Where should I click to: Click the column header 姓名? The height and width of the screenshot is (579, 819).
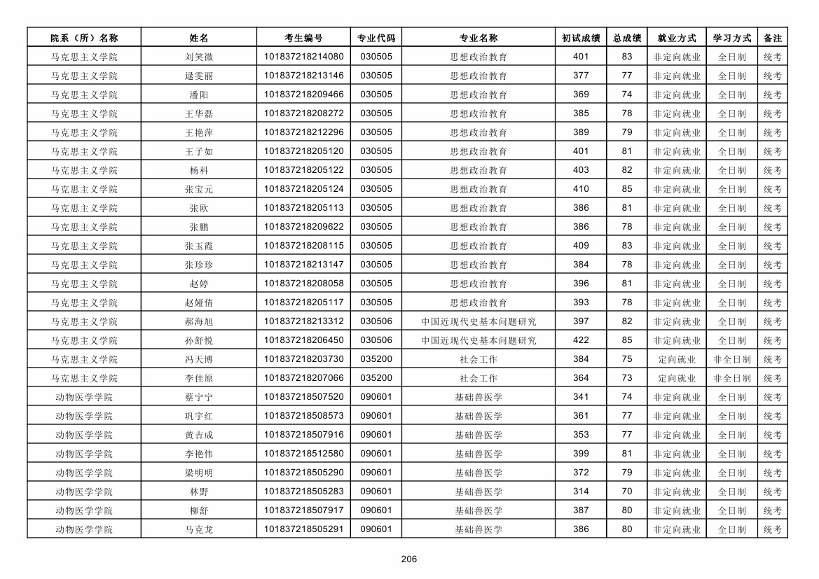[199, 38]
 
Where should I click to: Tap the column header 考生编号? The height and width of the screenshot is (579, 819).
[303, 38]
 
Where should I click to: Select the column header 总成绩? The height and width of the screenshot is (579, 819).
[627, 38]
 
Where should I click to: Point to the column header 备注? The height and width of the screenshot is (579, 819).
[772, 38]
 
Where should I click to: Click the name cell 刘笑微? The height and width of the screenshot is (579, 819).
[199, 57]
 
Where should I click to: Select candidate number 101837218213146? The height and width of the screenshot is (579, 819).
[303, 76]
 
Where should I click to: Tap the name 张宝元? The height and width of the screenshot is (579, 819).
[199, 189]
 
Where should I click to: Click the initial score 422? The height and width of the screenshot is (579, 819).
[581, 340]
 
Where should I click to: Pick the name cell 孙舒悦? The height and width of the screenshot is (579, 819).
[199, 340]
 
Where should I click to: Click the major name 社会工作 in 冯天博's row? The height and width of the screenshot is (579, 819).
[479, 359]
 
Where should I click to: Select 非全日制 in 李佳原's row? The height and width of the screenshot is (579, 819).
[731, 378]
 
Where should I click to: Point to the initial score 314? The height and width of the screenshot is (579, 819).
[581, 491]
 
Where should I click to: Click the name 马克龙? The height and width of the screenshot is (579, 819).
[199, 529]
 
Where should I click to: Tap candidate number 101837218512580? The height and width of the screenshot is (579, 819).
[303, 454]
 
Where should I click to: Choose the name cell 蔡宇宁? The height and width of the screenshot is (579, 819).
[199, 397]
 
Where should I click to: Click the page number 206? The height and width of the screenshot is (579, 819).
[409, 559]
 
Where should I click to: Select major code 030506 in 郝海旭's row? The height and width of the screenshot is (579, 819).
[376, 321]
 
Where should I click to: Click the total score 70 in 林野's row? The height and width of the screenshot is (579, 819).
[627, 491]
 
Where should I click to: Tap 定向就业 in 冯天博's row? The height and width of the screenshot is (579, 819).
[677, 359]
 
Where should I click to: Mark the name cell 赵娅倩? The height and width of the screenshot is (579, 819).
[199, 302]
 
